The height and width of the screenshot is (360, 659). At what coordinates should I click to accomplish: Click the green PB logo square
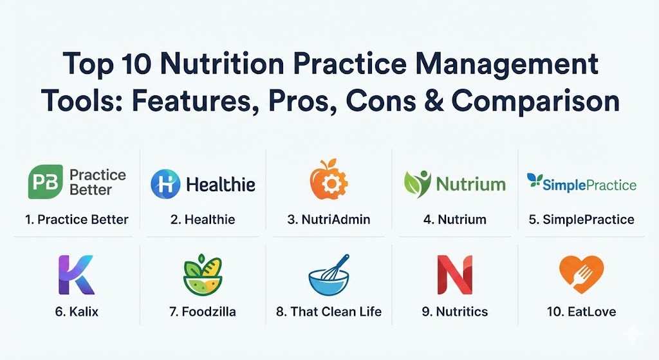(x=46, y=182)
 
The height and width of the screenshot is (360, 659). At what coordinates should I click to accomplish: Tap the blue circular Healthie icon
(x=165, y=184)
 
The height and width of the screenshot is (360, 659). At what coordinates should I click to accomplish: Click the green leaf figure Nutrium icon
(x=417, y=184)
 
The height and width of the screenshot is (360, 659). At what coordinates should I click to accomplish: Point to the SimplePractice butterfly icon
(x=535, y=180)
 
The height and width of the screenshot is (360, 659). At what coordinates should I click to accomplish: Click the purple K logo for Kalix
(x=76, y=274)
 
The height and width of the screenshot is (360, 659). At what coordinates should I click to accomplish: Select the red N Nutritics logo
(x=455, y=274)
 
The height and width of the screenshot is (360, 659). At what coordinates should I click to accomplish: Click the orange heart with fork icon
(x=581, y=274)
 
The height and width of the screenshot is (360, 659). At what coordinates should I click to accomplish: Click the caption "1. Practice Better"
(x=77, y=220)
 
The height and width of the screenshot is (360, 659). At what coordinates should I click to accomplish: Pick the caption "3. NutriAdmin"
(x=329, y=220)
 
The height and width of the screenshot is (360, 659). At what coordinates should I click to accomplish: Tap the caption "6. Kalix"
(x=77, y=312)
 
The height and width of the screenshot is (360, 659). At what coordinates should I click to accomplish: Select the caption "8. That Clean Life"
(x=329, y=312)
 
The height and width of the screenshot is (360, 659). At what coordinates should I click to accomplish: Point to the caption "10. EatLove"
(x=581, y=312)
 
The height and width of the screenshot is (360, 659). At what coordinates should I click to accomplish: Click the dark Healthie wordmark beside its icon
(x=221, y=184)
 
